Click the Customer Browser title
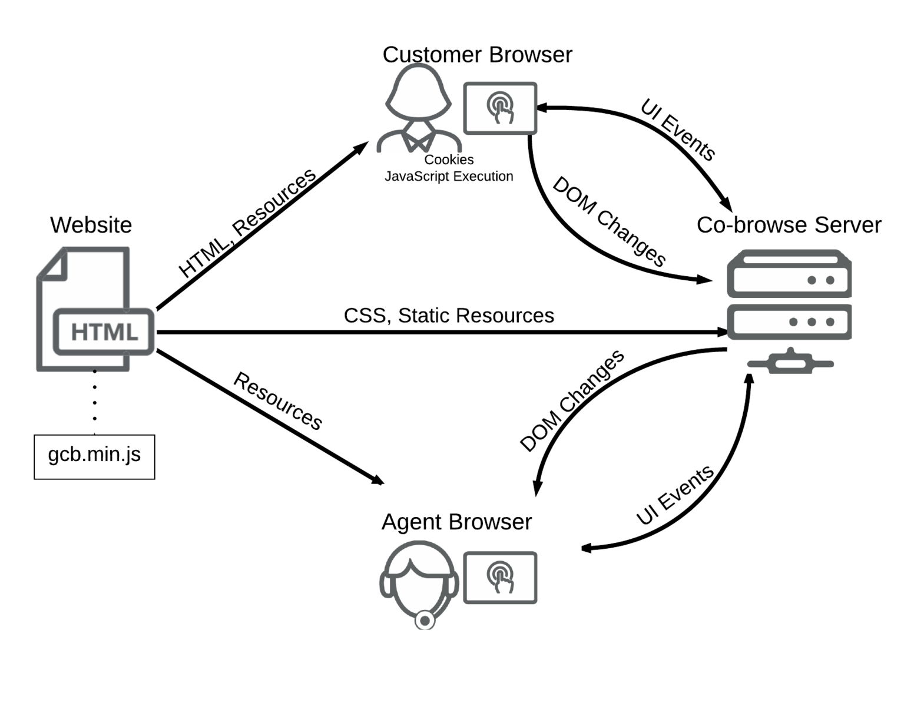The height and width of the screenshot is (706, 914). tap(477, 55)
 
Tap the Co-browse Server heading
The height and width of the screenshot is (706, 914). tap(789, 225)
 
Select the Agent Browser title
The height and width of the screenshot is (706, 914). tap(456, 522)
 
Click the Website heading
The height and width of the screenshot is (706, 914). tap(91, 225)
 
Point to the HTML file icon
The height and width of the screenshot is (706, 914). tap(94, 310)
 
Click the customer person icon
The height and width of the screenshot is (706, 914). tap(419, 109)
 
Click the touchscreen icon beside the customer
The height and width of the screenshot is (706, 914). tap(500, 108)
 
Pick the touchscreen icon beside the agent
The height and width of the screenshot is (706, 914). tap(500, 578)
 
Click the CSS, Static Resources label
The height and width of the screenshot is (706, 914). tap(449, 316)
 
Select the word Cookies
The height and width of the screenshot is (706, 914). tap(449, 160)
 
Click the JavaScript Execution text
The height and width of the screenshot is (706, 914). tap(449, 176)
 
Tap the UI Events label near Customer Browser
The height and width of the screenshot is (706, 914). tap(678, 130)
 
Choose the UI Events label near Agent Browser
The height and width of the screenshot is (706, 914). tap(675, 495)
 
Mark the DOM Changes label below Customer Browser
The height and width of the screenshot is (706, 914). tap(609, 221)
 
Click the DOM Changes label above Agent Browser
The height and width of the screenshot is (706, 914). tap(572, 401)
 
